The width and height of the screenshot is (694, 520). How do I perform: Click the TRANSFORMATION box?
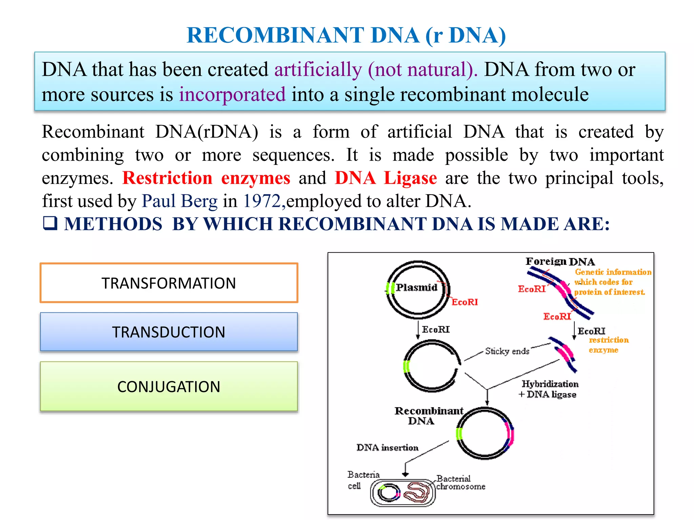[169, 283]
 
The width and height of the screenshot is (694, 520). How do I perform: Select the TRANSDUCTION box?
[169, 332]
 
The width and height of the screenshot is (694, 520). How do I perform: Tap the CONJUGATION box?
[169, 387]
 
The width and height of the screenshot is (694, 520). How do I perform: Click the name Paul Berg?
[179, 201]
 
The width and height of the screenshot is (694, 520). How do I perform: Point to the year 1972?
[262, 201]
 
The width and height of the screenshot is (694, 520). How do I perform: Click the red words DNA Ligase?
[386, 178]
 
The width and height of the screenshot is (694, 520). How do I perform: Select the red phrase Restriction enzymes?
[206, 178]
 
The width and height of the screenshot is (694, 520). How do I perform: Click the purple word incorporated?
[232, 94]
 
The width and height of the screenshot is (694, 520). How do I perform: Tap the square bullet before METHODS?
[50, 223]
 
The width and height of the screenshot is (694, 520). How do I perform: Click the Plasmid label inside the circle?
[417, 287]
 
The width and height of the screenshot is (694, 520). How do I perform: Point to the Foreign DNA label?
[560, 261]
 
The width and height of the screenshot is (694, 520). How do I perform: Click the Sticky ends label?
[507, 351]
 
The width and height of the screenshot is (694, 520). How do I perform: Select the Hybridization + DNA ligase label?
[549, 389]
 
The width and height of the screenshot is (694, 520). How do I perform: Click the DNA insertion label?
[387, 448]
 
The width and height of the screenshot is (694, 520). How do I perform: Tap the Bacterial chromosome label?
[460, 482]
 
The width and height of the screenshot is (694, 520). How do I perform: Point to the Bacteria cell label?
[363, 480]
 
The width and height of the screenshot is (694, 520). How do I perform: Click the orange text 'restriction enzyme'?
[608, 345]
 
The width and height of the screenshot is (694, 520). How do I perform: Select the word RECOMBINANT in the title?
[275, 35]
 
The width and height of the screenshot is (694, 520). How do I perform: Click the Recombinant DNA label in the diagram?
[428, 416]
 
